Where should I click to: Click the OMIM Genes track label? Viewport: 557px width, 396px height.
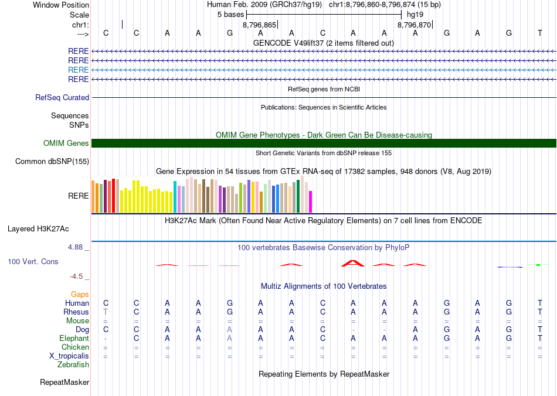tap(66, 144)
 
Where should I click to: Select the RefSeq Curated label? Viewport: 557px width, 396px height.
tap(62, 98)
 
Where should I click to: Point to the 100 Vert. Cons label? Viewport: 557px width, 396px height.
tap(33, 261)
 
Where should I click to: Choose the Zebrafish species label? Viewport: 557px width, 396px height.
tap(73, 365)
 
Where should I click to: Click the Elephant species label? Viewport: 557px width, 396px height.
tap(74, 339)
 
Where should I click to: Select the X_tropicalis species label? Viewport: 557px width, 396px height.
tap(69, 356)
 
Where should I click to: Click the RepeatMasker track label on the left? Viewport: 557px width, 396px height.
tap(64, 383)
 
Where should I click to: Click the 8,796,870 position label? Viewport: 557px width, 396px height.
tap(414, 25)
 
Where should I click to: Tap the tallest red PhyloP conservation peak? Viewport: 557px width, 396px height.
tap(353, 262)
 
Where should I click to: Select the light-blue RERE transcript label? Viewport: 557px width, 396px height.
tap(79, 70)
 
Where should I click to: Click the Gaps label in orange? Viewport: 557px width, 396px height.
tap(80, 294)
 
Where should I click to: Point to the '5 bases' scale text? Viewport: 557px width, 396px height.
tap(230, 14)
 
